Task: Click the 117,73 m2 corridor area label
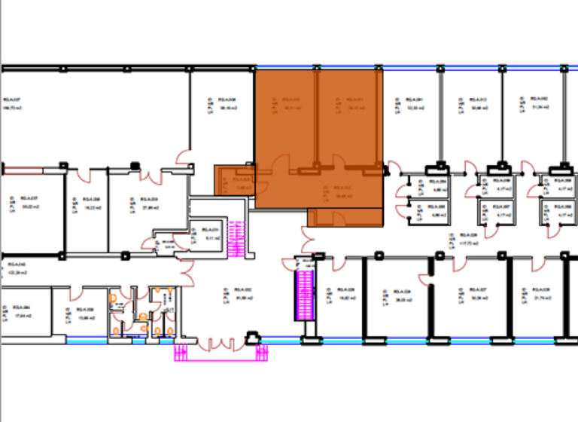470,243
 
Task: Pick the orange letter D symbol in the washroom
114,298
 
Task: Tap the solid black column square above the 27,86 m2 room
135,164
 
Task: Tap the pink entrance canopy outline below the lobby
221,354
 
